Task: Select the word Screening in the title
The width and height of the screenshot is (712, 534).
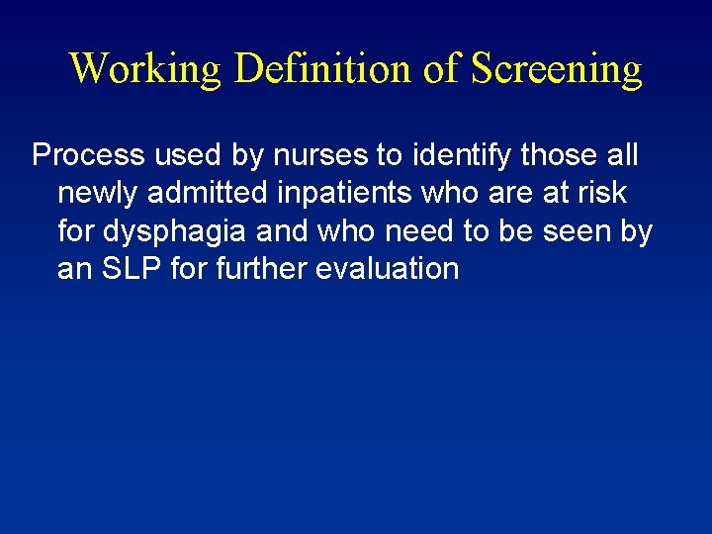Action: pyautogui.click(x=557, y=69)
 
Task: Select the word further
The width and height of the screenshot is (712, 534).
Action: pyautogui.click(x=256, y=268)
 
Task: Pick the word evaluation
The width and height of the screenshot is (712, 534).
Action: pyautogui.click(x=386, y=268)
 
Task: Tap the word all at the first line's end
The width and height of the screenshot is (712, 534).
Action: pyautogui.click(x=619, y=155)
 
